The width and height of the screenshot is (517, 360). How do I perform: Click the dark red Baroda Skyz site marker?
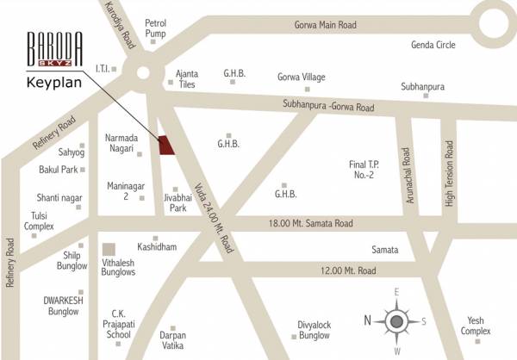(165, 146)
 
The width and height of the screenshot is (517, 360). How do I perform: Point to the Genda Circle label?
(409, 43)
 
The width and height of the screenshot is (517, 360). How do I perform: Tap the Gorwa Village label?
(301, 78)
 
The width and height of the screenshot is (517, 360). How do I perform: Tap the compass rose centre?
(396, 321)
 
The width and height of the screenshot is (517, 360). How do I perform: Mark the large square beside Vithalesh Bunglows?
(109, 250)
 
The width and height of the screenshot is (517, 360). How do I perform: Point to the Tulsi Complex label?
(39, 220)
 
